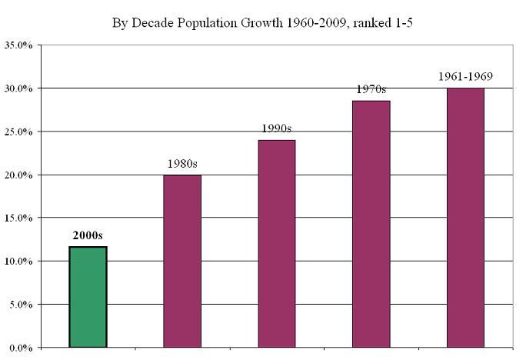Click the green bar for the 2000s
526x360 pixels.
(87, 297)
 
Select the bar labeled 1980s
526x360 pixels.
(182, 262)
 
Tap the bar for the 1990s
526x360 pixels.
(276, 244)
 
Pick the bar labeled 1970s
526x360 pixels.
(371, 224)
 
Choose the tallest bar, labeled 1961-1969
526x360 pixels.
(465, 218)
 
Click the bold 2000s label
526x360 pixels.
(88, 235)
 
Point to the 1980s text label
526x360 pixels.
(182, 164)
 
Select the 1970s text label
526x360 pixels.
(371, 89)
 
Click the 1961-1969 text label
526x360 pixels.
(465, 77)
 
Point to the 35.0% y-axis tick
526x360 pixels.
(18, 45)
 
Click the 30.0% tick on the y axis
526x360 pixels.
(18, 88)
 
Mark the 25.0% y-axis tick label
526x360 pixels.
(18, 132)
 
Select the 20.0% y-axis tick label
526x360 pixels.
(18, 175)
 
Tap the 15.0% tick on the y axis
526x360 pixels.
(18, 218)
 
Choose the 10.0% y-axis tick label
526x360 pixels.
(18, 262)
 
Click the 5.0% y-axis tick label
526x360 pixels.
(20, 305)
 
